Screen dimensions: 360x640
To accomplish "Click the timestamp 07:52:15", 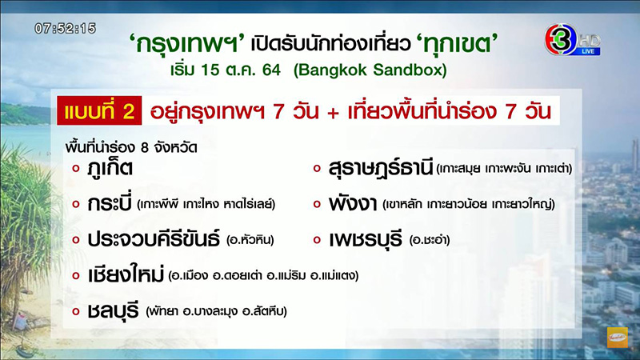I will (65, 28).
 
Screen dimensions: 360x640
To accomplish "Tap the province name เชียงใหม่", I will (125, 274).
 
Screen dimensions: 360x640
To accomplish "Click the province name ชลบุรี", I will (113, 310).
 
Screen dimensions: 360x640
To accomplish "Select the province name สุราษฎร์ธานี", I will (381, 169).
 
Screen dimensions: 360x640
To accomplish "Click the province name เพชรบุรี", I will (365, 239).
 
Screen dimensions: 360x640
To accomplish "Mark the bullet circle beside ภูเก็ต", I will (75, 169).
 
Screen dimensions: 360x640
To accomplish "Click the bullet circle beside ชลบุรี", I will (75, 310).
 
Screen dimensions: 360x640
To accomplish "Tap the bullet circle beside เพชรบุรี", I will (317, 240).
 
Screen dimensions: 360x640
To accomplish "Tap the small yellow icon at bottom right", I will (618, 337).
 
